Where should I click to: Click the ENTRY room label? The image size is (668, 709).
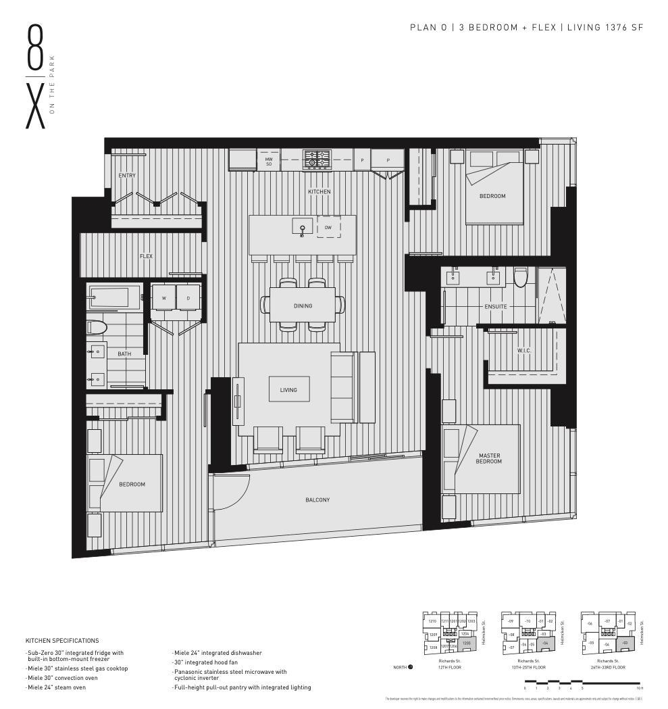127,176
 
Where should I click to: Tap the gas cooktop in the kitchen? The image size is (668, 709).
315,160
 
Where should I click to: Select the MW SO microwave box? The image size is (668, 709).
268,161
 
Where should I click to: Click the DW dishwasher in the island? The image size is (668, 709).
328,228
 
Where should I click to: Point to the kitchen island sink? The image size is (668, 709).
303,228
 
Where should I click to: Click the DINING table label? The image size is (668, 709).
303,306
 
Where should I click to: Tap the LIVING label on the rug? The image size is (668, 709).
288,390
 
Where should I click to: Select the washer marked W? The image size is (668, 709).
163,298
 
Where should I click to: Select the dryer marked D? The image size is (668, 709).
188,298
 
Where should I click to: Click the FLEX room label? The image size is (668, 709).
146,257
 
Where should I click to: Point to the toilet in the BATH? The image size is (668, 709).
97,328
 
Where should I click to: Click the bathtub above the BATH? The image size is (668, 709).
115,297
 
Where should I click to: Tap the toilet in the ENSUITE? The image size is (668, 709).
520,278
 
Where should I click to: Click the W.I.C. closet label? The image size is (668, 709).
524,351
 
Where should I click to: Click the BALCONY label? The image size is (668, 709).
317,500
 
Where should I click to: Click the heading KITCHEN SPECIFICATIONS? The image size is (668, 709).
62,641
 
